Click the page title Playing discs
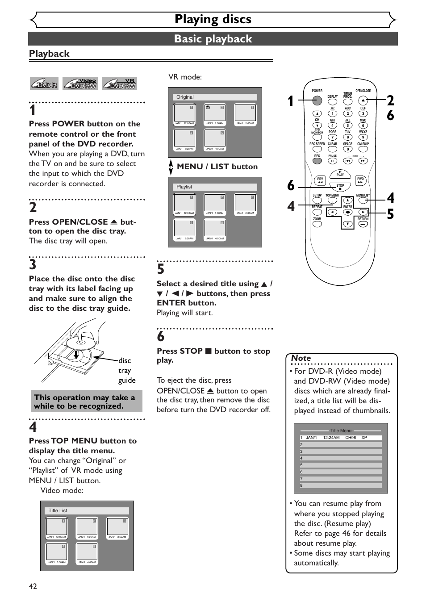(x=213, y=19)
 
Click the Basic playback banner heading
(x=213, y=39)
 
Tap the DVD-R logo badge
(x=44, y=84)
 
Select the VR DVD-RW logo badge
(x=119, y=84)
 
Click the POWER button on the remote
(x=317, y=100)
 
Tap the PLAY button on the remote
(x=340, y=174)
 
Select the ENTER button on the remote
(x=347, y=212)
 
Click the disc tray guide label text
(x=127, y=370)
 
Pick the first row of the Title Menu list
(x=341, y=438)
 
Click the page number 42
(x=33, y=586)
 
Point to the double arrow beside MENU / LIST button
(x=171, y=167)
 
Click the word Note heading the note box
(x=301, y=358)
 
